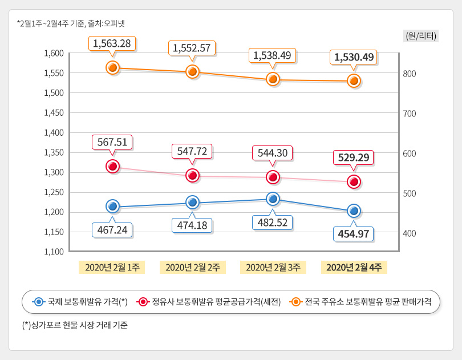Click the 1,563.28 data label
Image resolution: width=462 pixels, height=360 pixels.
tap(112, 43)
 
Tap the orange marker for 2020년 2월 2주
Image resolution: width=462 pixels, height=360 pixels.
tap(193, 71)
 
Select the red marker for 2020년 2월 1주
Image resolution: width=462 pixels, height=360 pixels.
tap(112, 166)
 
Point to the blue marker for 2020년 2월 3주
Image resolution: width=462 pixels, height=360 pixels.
tap(273, 199)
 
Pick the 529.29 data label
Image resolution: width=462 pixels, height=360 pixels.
tap(354, 157)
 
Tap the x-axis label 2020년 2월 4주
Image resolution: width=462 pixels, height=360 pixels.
tap(354, 267)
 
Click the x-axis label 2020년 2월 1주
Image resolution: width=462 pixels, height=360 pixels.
tap(112, 267)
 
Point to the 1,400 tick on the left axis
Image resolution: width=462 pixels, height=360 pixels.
tap(54, 132)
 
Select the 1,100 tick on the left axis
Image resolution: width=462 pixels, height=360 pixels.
tap(54, 251)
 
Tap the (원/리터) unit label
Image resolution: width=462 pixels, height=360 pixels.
tap(420, 36)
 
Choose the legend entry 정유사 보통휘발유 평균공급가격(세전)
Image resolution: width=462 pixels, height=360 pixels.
tap(209, 301)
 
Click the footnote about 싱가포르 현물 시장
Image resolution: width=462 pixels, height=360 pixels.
tap(75, 326)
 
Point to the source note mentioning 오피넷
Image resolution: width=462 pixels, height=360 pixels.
tap(71, 23)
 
